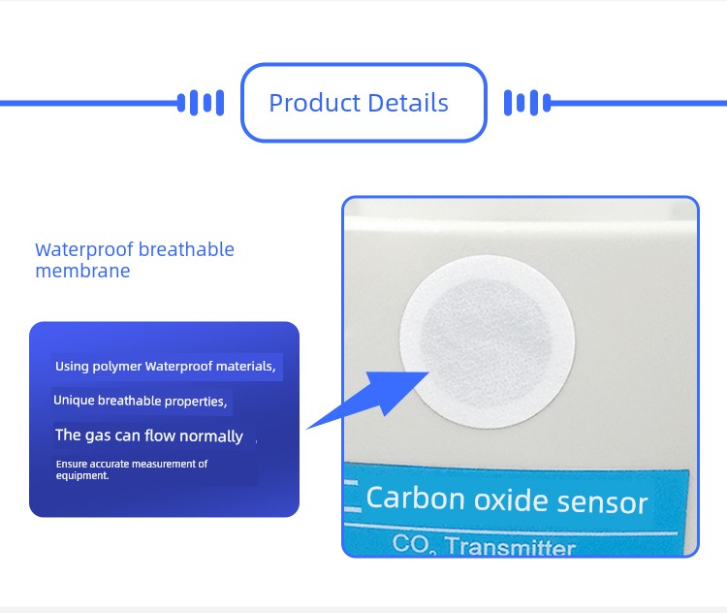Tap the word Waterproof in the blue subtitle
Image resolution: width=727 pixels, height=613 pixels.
(84, 250)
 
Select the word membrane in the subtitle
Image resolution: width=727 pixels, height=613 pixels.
(82, 271)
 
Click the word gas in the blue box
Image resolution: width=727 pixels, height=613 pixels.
(98, 436)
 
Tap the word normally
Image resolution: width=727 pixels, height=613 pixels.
(211, 436)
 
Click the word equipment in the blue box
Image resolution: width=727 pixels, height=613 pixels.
(81, 475)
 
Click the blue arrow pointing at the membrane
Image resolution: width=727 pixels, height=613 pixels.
(367, 400)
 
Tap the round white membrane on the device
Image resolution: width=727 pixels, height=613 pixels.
(488, 341)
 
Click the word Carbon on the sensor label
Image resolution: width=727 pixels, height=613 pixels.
(416, 498)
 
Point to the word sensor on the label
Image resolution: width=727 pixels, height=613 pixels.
(602, 502)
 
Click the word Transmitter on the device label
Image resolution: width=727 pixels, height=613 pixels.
(511, 546)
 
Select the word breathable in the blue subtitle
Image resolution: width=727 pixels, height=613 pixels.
(186, 249)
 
